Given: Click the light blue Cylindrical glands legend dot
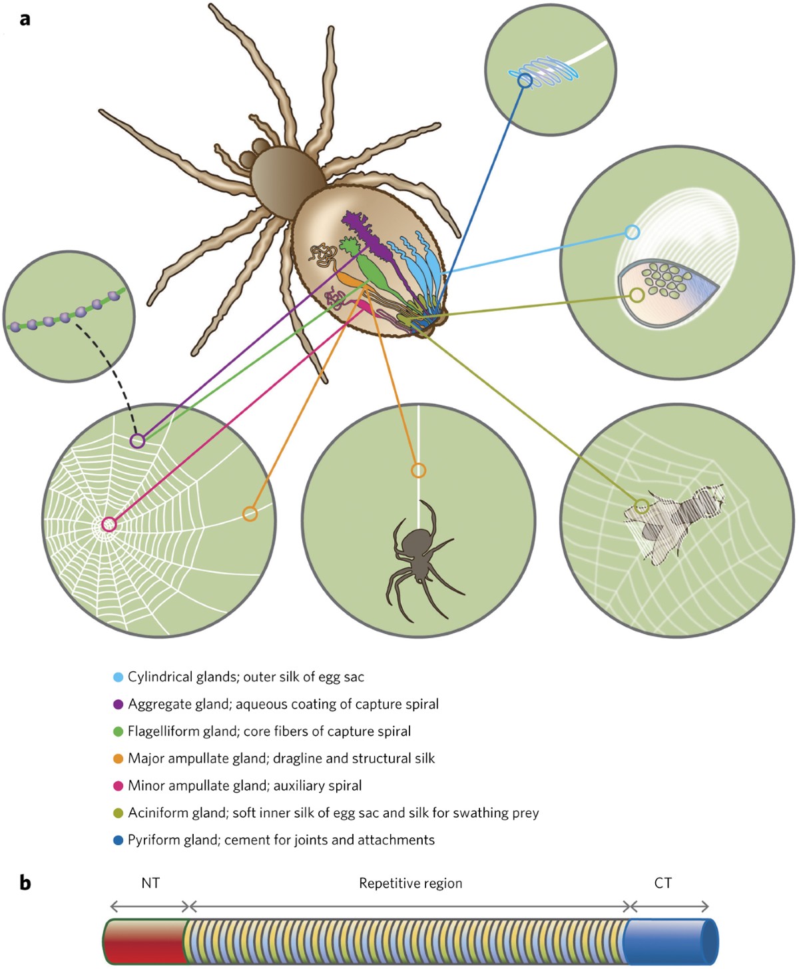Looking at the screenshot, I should coord(119,677).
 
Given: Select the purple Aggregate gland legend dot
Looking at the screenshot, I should coord(119,704).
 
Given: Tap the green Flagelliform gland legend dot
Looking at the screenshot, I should coord(119,731).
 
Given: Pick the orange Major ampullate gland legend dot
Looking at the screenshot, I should coord(119,759).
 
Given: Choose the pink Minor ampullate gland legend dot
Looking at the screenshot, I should coord(119,786).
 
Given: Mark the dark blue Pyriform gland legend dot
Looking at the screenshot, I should coord(119,840).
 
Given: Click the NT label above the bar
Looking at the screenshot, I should coord(150,883).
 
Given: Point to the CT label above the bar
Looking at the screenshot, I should coord(663,883).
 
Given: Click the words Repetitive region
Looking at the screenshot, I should coord(410,884).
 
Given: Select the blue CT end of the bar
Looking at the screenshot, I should coord(669,942).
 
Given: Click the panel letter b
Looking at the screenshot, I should coord(25,883).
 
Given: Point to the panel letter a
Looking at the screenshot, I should coord(25,19).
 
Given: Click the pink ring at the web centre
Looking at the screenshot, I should coord(109,525).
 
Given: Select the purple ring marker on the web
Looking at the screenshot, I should coord(137,441).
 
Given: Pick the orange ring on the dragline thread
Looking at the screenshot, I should coord(418,471).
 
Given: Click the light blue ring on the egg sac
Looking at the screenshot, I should coord(632,232).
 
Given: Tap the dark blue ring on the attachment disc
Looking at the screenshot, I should coord(525,81).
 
